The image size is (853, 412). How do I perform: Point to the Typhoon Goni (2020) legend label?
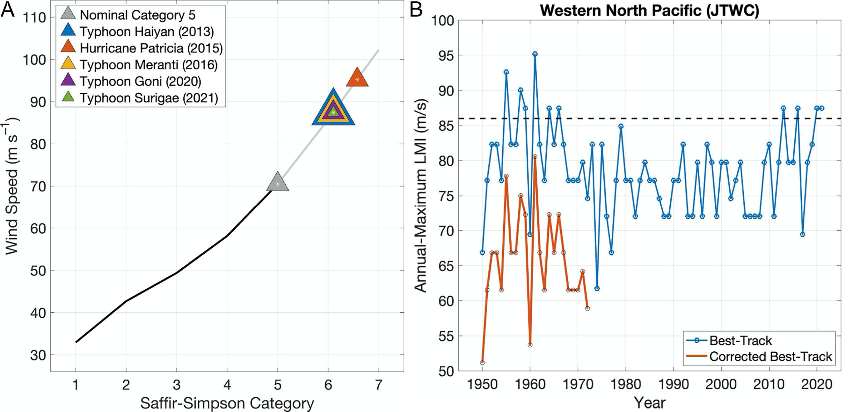140,82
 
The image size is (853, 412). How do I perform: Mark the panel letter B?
416,10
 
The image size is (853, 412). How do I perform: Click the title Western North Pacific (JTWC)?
649,10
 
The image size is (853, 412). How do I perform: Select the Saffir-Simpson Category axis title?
227,403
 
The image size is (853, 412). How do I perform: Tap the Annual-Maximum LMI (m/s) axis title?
421,196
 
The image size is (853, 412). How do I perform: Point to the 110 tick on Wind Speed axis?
34,17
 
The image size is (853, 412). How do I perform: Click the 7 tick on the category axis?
379,385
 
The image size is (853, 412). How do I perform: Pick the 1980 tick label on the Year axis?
626,385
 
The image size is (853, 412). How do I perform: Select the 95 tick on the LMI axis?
443,55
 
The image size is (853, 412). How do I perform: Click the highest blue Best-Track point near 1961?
535,54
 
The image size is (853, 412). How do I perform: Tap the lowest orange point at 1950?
482,362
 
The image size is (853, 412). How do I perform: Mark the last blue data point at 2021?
822,108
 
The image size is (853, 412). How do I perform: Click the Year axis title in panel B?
649,403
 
